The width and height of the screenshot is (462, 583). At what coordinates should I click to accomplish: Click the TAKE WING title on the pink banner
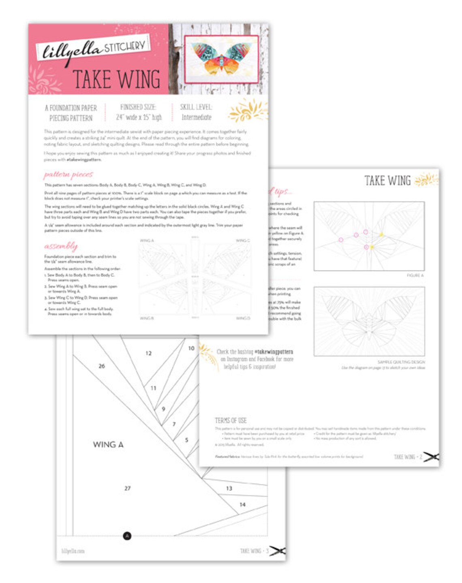click(x=116, y=79)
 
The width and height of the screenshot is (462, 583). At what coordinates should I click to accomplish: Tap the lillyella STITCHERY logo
click(x=94, y=49)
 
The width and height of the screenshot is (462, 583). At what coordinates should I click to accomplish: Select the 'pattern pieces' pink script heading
click(x=68, y=174)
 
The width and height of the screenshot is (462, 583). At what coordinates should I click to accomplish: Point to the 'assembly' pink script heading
click(x=61, y=246)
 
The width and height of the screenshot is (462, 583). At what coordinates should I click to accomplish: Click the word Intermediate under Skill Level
click(x=196, y=117)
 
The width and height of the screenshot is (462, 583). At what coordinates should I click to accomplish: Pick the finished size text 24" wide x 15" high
click(x=139, y=117)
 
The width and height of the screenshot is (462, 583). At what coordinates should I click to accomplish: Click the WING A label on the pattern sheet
click(x=108, y=444)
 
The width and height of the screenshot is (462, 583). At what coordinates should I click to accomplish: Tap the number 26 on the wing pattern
click(x=102, y=366)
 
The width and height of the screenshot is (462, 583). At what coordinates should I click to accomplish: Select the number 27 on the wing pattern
click(x=127, y=488)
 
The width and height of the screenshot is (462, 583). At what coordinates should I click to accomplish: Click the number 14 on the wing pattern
click(x=242, y=504)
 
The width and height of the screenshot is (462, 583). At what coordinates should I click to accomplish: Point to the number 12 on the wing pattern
click(x=149, y=353)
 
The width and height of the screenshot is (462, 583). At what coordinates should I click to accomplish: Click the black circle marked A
click(x=127, y=536)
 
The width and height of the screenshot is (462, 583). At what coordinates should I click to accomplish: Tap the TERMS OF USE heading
click(x=231, y=420)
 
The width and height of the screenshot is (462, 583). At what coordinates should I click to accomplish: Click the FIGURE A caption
click(x=415, y=275)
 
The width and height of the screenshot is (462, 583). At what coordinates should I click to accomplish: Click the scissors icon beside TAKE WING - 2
click(x=431, y=457)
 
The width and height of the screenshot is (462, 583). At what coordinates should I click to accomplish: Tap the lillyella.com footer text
click(x=73, y=551)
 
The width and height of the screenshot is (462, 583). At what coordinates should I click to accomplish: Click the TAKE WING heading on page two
click(x=387, y=180)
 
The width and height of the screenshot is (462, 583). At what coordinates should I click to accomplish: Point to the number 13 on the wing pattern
click(x=229, y=488)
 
